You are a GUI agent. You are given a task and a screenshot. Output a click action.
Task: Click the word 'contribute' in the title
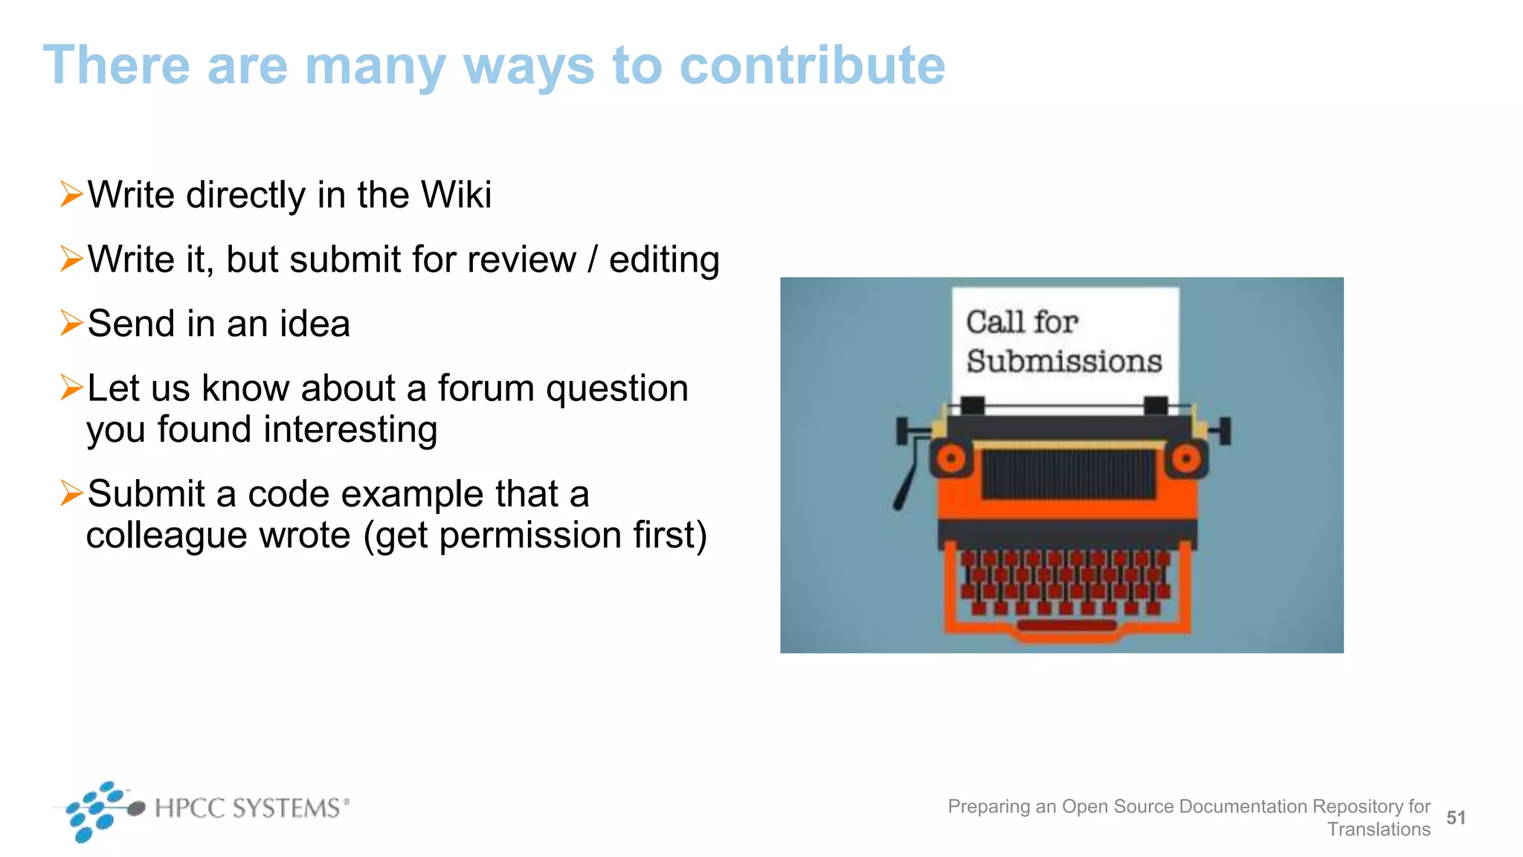tap(811, 65)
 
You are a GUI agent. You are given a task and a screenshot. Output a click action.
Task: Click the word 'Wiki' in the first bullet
tap(456, 195)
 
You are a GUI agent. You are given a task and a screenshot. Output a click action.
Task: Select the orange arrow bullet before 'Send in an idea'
tap(71, 323)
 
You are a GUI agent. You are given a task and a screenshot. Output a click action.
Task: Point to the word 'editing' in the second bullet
tap(664, 260)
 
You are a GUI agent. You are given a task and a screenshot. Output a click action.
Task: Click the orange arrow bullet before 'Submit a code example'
tap(71, 492)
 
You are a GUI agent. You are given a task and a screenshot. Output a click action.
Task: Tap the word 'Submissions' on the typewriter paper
tap(1063, 362)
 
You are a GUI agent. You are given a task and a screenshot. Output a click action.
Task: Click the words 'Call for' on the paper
tap(1022, 322)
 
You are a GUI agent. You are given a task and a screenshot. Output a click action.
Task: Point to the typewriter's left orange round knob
tap(951, 459)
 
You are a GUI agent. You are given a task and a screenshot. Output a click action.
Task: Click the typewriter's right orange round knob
tap(1186, 459)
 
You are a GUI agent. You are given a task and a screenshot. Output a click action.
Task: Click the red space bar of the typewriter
tap(1067, 626)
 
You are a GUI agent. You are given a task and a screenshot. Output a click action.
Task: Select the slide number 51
tap(1455, 818)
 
